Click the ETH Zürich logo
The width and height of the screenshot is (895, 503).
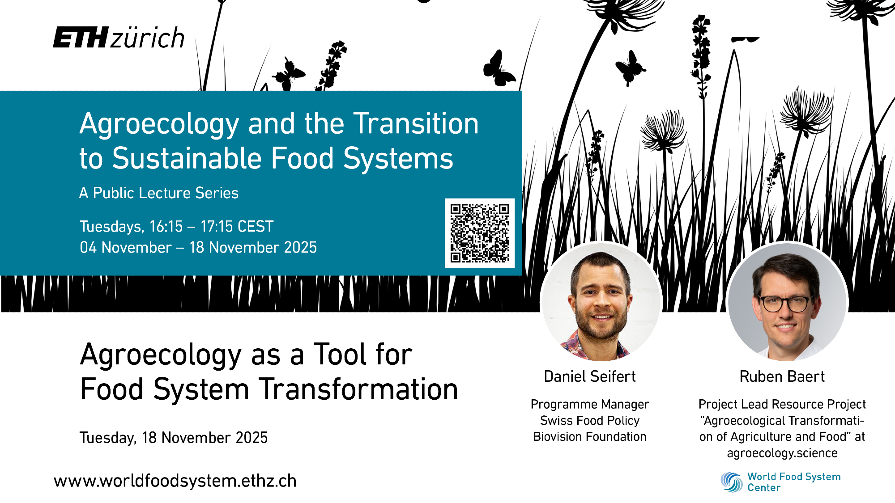(x=119, y=38)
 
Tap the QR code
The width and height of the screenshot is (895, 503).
(x=480, y=233)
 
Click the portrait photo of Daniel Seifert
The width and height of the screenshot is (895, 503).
(x=601, y=301)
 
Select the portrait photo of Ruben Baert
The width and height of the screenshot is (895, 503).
(x=788, y=301)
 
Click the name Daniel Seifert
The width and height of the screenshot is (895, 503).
(x=590, y=376)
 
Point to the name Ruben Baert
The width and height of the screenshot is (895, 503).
(x=782, y=376)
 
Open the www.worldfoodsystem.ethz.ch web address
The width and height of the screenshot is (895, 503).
(x=175, y=481)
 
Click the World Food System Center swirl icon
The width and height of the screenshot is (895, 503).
(x=732, y=482)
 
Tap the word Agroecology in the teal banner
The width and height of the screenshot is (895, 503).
(x=159, y=124)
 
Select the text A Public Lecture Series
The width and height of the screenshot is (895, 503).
(x=159, y=193)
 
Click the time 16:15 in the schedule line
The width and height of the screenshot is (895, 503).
(x=166, y=226)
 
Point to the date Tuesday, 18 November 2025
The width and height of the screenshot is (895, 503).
(x=174, y=437)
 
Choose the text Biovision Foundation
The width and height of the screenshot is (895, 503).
(x=590, y=436)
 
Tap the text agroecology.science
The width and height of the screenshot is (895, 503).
(x=782, y=453)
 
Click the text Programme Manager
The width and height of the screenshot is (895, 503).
(x=590, y=405)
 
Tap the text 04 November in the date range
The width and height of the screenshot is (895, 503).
(x=126, y=247)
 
